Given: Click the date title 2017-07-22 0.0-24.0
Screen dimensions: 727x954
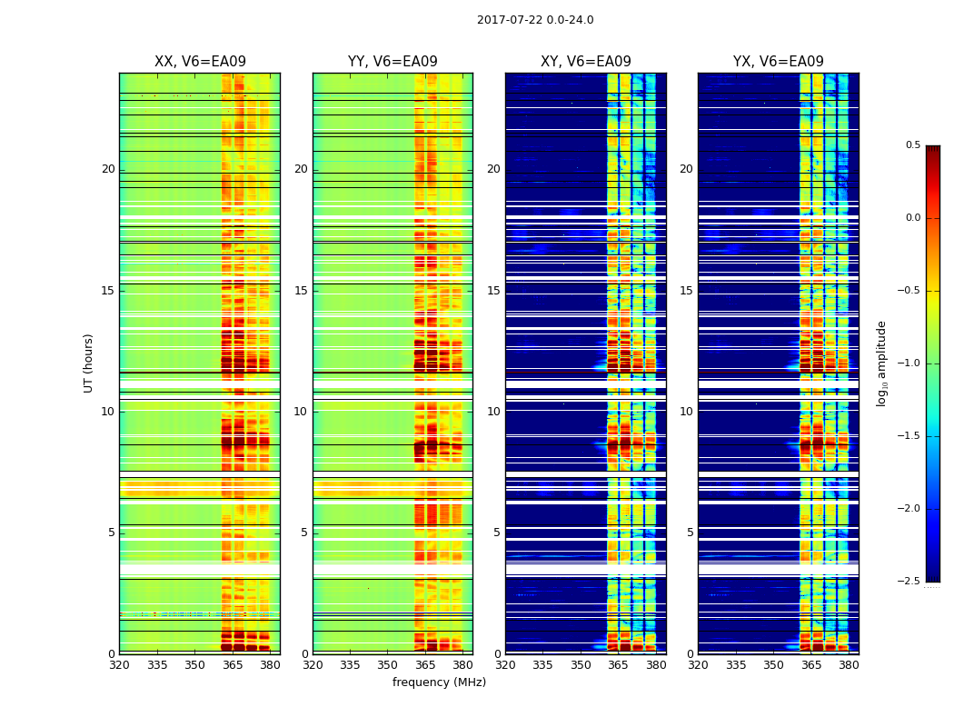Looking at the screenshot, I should [x=535, y=20].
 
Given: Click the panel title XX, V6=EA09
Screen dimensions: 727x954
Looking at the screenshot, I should [x=200, y=62].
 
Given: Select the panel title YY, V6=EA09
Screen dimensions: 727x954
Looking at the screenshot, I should [x=393, y=62].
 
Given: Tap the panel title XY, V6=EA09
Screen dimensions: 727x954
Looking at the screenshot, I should [x=586, y=62].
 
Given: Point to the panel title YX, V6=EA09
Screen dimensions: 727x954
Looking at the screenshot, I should [x=779, y=62].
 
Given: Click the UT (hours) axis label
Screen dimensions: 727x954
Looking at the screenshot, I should [x=88, y=363].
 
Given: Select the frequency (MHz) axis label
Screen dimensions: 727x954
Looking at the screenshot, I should [x=439, y=682].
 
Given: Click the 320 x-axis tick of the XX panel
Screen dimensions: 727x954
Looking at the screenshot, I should [x=119, y=664].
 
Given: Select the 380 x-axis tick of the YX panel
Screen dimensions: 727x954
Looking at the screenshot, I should [x=849, y=664].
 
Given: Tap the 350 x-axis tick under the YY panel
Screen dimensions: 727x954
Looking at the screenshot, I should [x=388, y=664].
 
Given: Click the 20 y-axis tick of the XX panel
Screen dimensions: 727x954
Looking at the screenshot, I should [x=108, y=169].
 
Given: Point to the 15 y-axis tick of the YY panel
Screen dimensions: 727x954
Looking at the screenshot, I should [x=301, y=291].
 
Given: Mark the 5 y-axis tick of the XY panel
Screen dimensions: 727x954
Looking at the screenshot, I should [x=497, y=533].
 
